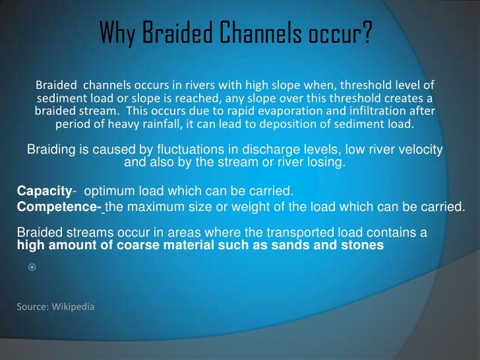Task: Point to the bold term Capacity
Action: (44, 192)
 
